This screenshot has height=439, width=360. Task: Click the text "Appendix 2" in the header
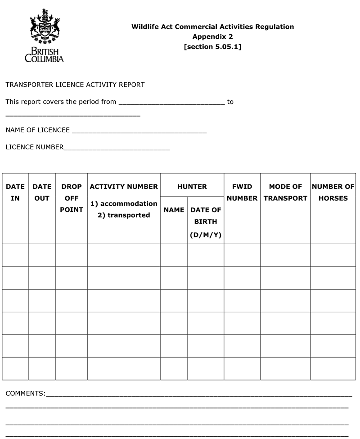[x=212, y=36]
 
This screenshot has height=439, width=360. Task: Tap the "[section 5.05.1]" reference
[x=212, y=46]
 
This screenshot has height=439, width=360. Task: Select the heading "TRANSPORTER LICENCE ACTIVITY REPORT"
[x=75, y=85]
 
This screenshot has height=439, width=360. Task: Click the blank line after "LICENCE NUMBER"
[x=117, y=148]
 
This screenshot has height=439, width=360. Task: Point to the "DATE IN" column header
[x=15, y=192]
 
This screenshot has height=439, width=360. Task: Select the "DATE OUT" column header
[x=42, y=192]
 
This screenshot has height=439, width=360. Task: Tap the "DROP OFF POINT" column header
[x=72, y=198]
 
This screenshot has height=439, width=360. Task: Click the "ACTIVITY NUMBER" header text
[x=124, y=186]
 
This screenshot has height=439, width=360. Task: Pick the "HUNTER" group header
[x=192, y=186]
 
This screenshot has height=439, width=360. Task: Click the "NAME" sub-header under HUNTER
[x=174, y=210]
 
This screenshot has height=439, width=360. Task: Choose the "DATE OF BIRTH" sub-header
[x=206, y=215]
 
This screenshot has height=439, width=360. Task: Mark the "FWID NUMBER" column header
[x=242, y=192]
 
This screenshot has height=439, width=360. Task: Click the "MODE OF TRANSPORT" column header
[x=285, y=192]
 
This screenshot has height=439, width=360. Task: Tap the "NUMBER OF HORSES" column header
[x=333, y=192]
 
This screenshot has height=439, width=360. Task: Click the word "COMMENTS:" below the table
[x=25, y=394]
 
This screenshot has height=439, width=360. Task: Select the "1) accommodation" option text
[x=124, y=203]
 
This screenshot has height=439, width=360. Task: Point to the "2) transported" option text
[x=124, y=215]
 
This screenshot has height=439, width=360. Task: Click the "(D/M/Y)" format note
[x=206, y=235]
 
